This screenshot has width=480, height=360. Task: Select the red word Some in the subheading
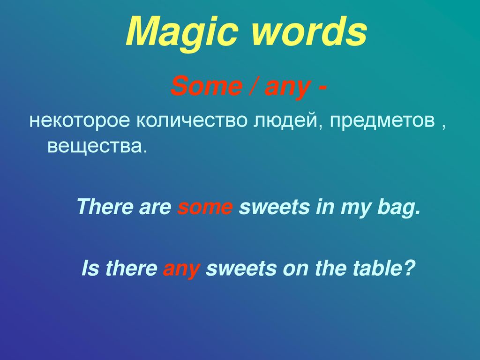click(207, 86)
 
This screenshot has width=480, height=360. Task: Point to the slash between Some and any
click(254, 86)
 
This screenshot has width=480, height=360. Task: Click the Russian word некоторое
click(80, 120)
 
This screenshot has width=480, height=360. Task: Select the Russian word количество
click(192, 120)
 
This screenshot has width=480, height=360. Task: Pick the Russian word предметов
click(382, 120)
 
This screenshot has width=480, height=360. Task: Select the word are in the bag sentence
click(155, 208)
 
